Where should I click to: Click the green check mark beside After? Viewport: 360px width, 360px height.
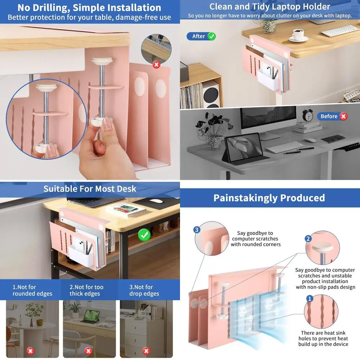point(211,36)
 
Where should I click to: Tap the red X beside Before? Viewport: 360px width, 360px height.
point(343,116)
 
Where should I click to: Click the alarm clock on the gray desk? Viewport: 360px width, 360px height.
point(308,114)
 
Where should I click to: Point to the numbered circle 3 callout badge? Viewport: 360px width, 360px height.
point(197,230)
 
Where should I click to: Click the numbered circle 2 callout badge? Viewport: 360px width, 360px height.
point(308,239)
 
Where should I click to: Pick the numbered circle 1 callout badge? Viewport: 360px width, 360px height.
point(310,298)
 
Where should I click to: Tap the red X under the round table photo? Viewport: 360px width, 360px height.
point(30,351)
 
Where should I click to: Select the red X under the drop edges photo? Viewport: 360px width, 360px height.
point(146,351)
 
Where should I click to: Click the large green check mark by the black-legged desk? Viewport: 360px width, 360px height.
point(144,235)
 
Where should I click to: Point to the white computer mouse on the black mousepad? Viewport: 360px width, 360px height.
point(156,201)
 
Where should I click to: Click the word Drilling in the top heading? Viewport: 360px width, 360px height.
point(50,8)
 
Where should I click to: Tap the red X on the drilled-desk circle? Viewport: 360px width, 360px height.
point(156,64)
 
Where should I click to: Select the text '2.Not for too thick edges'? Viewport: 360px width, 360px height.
point(86,290)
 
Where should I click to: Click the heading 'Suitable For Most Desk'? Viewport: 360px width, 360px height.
point(90,189)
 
